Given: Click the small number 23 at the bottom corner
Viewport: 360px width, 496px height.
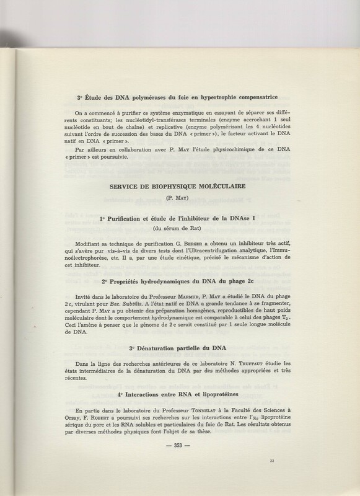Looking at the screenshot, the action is (271, 459).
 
